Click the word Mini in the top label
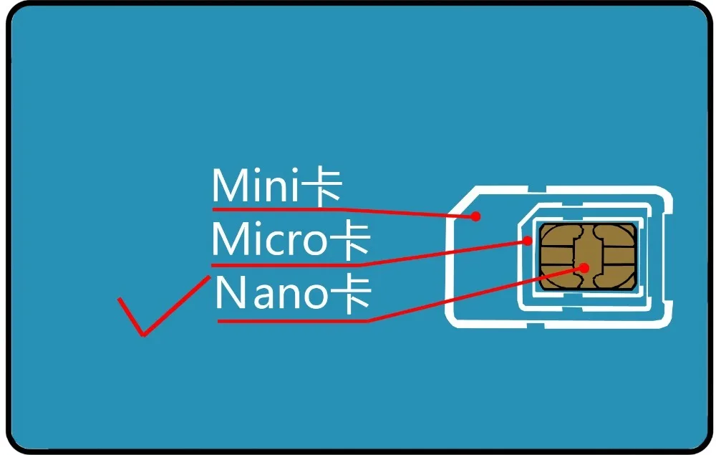point(253,187)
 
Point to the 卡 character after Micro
point(349,241)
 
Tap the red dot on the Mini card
point(475,216)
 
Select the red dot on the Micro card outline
point(528,241)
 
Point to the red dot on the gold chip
point(584,268)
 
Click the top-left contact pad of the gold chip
point(558,235)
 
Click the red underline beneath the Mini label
point(286,209)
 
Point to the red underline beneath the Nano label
point(294,321)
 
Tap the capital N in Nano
point(229,294)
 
